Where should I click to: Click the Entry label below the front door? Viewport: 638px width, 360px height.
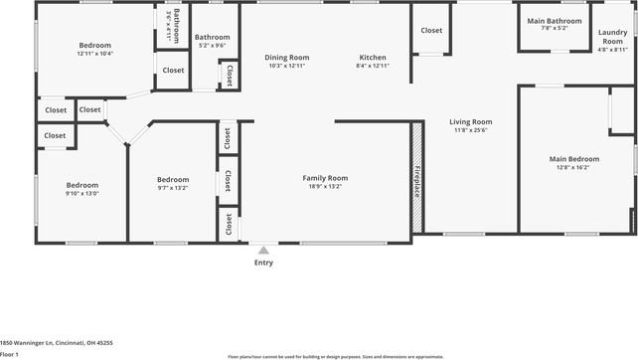point(263,263)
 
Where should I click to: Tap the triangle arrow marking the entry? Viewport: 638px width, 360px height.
point(262,251)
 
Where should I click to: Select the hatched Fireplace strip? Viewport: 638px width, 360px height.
point(416,178)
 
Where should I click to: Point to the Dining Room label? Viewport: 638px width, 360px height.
point(288,58)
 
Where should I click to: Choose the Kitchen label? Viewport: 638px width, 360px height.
point(373,58)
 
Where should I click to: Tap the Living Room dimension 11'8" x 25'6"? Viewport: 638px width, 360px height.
point(471,130)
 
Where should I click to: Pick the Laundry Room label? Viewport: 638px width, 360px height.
point(613,37)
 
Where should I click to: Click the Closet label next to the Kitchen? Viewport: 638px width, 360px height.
point(431,31)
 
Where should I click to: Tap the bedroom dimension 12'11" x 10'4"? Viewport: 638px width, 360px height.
point(95,54)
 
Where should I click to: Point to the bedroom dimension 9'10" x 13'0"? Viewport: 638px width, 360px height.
point(82,193)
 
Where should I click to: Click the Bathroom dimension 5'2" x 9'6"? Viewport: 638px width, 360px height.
point(213,45)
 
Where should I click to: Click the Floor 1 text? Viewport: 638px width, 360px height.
point(10,353)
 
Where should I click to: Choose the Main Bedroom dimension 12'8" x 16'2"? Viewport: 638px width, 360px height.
point(575,168)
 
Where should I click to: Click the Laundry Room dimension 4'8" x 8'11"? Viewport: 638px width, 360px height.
point(613,49)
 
